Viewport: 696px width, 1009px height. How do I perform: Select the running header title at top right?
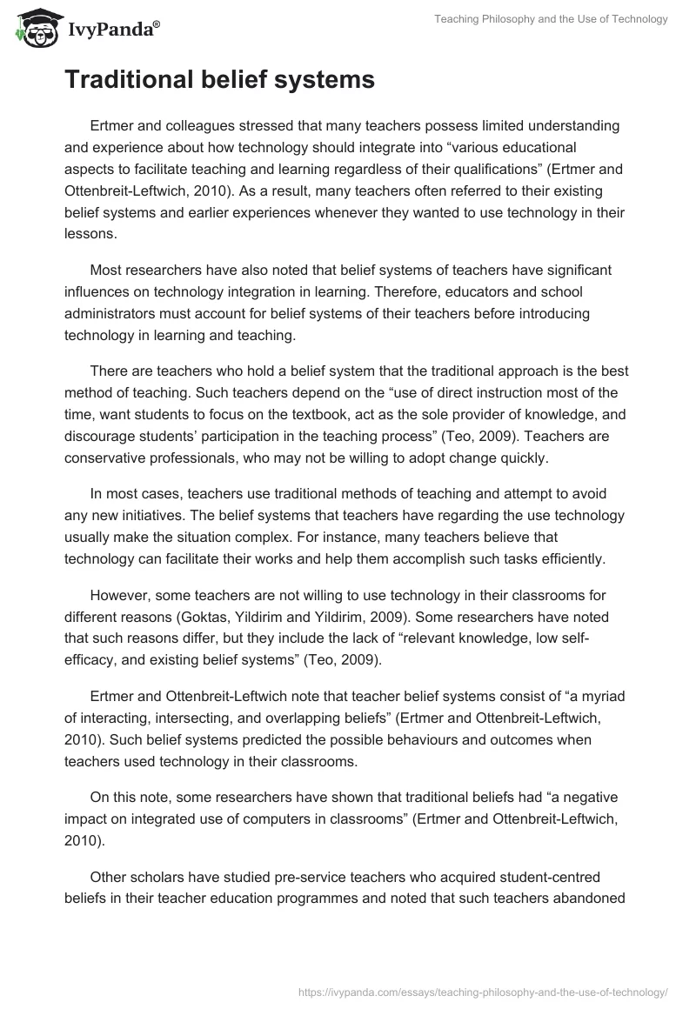551,18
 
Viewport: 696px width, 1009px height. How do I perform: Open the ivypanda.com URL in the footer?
483,990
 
